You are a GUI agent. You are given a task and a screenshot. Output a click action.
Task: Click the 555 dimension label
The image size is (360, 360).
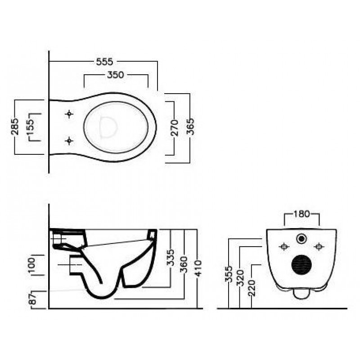click(x=105, y=62)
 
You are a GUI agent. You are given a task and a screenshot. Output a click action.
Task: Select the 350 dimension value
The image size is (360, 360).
click(x=116, y=75)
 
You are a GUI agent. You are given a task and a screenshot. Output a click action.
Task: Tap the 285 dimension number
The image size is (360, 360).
click(x=15, y=126)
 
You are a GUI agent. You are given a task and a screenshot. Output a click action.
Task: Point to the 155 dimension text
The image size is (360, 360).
click(x=30, y=127)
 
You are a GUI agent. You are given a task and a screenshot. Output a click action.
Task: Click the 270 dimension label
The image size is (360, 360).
click(x=175, y=128)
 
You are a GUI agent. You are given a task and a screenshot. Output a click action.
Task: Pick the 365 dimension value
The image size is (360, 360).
click(x=190, y=126)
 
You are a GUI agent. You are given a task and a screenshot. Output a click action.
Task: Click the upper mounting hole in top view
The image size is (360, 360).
click(x=69, y=114)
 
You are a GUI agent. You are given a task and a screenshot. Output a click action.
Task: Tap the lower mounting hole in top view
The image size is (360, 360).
click(x=69, y=140)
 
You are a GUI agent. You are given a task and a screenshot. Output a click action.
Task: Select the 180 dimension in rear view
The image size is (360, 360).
click(x=301, y=214)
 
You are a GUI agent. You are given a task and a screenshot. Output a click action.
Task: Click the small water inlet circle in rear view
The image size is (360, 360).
click(x=301, y=238)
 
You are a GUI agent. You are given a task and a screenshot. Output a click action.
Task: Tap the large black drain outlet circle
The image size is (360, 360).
click(x=301, y=265)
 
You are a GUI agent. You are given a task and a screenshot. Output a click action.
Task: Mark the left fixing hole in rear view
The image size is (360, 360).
click(x=284, y=247)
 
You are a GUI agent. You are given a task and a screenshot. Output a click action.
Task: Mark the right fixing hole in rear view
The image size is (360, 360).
click(x=319, y=247)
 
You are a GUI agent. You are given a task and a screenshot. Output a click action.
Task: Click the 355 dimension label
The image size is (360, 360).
click(x=229, y=274)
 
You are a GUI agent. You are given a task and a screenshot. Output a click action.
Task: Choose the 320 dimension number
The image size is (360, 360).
click(x=240, y=278)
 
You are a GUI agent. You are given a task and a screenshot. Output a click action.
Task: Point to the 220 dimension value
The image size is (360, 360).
click(x=252, y=288)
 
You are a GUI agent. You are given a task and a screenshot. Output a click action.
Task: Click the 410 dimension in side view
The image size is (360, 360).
click(x=198, y=268)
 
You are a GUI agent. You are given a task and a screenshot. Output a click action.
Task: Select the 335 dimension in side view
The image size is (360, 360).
click(x=171, y=257)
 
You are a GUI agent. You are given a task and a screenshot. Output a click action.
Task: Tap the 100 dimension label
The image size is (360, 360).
click(x=31, y=265)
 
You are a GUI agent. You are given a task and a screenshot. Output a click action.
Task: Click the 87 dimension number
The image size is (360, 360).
click(x=33, y=299)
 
